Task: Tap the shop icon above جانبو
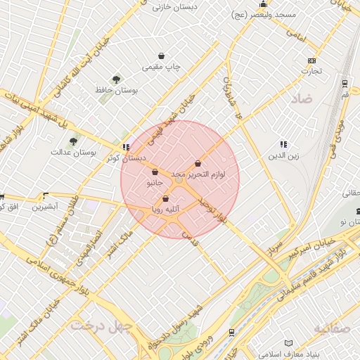(x=155, y=172)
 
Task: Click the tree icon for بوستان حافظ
(x=116, y=79)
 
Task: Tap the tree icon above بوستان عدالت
(x=73, y=142)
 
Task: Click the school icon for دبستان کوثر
(x=126, y=147)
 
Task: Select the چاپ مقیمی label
(x=162, y=67)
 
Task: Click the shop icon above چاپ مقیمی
(x=162, y=56)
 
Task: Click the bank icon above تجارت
(x=312, y=60)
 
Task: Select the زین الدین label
(x=283, y=155)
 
